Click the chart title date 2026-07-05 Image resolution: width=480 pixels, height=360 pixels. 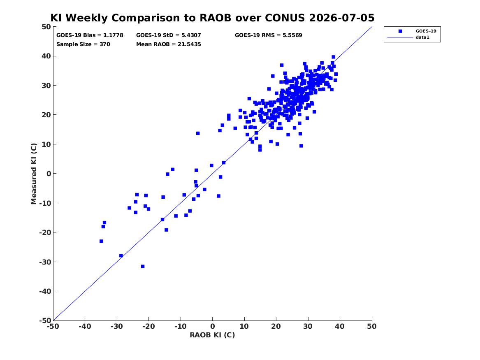342,18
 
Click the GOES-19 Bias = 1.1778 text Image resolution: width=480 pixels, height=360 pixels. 90,35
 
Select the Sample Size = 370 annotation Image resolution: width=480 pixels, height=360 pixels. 83,44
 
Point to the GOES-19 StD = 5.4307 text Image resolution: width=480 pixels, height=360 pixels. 169,35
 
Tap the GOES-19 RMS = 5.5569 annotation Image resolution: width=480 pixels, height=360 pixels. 269,35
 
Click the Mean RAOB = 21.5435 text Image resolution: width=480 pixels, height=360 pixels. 169,44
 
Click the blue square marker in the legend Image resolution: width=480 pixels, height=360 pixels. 400,31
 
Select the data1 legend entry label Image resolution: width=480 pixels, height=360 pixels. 422,37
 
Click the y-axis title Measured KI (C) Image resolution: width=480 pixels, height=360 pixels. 34,174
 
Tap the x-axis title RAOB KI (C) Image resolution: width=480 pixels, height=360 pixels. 213,335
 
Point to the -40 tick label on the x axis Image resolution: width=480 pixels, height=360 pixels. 85,326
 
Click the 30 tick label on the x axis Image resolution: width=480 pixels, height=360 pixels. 308,326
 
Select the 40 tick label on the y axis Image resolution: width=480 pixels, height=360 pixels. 46,56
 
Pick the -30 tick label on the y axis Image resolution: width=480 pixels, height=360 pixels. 45,262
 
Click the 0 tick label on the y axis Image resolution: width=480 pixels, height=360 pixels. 49,174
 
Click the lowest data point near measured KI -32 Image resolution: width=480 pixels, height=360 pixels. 143,267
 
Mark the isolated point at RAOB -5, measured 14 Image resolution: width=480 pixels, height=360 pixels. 198,133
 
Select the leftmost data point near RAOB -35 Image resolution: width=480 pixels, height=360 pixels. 101,241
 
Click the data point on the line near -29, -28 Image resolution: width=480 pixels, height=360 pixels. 121,255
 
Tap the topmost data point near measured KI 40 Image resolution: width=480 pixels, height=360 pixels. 333,57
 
